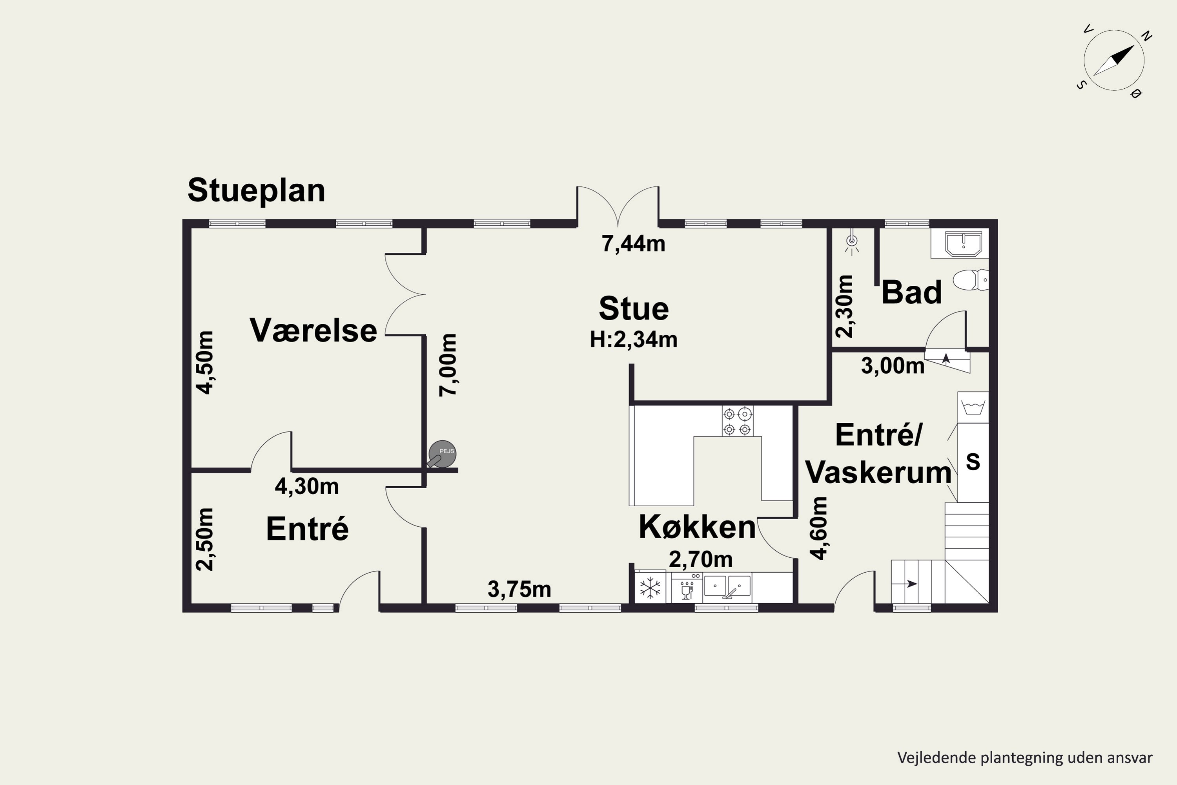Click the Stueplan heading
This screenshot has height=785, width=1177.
(256, 191)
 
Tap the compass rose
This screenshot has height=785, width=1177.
(1114, 60)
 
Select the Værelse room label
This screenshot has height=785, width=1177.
(313, 330)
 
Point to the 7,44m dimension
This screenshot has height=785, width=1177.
(634, 244)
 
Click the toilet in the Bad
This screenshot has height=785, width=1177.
(970, 279)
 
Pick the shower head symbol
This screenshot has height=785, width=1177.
(851, 243)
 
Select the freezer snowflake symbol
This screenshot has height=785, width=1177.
(650, 588)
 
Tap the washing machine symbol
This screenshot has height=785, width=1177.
(973, 407)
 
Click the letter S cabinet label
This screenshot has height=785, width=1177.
(973, 462)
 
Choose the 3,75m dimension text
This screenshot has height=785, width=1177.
(519, 589)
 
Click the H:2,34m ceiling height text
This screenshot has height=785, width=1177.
(634, 340)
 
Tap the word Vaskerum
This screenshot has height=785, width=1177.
(878, 472)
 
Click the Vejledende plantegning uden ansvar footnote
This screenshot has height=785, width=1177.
(1025, 758)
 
